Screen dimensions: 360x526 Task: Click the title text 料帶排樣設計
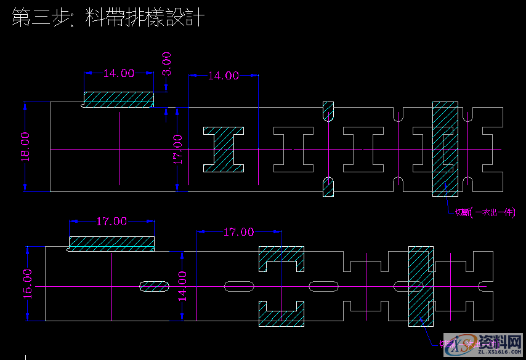click(146, 18)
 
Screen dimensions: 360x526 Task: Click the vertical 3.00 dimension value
click(167, 63)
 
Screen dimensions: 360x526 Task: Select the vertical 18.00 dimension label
click(25, 146)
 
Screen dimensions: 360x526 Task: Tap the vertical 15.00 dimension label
click(28, 284)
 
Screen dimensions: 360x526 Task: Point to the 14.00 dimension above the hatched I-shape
click(223, 76)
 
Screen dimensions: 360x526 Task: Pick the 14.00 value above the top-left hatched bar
click(118, 73)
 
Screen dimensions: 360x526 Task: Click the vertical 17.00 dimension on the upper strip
click(177, 149)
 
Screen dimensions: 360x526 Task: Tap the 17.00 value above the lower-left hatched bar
click(111, 221)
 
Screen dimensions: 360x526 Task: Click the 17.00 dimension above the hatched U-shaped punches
click(238, 232)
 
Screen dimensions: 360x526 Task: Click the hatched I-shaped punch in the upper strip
click(224, 150)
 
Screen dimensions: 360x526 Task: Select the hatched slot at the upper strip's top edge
click(328, 111)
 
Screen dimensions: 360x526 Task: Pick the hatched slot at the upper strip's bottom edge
click(328, 187)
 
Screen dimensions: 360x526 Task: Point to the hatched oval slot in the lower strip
click(153, 286)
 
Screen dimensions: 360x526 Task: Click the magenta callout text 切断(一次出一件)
click(485, 213)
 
